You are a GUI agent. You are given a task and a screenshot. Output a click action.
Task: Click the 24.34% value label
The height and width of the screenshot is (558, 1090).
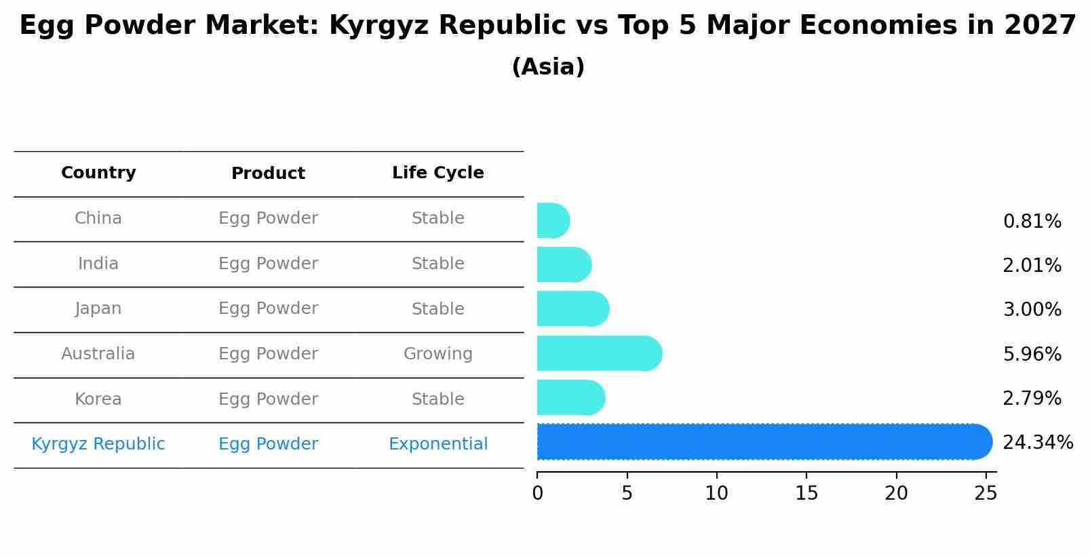point(1037,443)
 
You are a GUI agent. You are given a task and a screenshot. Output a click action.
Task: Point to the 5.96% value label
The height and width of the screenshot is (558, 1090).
point(1032,354)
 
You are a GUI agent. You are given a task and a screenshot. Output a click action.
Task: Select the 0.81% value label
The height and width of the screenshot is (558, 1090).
point(1032,222)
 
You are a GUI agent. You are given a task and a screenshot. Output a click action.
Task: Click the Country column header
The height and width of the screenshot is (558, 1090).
point(98,173)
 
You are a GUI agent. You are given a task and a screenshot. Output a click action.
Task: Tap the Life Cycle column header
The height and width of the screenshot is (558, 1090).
point(437,173)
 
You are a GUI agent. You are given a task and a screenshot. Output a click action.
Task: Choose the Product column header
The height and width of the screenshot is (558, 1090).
point(268,174)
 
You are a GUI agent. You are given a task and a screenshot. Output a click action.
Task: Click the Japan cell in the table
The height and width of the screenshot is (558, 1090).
point(98,308)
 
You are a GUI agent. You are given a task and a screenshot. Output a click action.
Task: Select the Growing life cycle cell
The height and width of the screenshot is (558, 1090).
point(437,354)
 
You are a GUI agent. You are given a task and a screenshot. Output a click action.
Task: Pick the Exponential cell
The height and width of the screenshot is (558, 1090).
point(437,444)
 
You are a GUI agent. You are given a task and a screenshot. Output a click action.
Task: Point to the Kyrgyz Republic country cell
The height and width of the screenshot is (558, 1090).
point(98,444)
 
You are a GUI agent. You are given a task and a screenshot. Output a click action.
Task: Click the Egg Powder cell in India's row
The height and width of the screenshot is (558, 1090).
point(268,264)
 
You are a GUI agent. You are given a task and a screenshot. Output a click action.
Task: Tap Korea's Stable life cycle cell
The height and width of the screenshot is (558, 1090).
point(437,399)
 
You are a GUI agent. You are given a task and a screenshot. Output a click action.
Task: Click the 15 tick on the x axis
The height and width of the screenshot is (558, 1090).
point(806,494)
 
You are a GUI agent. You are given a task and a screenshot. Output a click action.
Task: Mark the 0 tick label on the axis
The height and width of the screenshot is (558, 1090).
point(537,494)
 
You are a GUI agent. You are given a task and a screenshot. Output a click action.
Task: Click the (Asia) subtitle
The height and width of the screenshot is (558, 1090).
point(547,67)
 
